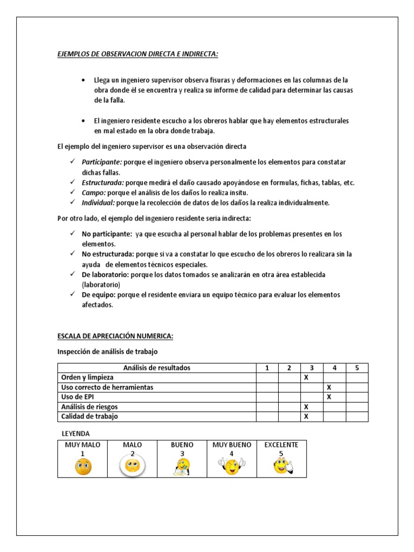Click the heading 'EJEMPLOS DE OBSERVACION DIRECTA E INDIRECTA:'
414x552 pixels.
[137, 54]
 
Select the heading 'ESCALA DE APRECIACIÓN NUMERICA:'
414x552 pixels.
[115, 336]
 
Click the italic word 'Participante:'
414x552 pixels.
[102, 162]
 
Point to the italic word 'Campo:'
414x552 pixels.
[94, 192]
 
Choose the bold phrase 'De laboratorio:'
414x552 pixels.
[105, 274]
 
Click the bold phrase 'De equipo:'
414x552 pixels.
[98, 295]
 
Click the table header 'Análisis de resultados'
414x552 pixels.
[157, 368]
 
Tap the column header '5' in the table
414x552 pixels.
[356, 368]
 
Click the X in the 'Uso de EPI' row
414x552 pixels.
[329, 397]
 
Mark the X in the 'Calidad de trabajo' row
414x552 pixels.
[306, 417]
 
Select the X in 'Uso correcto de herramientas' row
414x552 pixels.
[329, 387]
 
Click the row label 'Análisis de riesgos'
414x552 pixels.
[89, 407]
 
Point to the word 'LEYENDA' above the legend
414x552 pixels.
[76, 433]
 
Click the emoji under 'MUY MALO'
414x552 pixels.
[83, 467]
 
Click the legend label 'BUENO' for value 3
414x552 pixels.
[182, 445]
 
